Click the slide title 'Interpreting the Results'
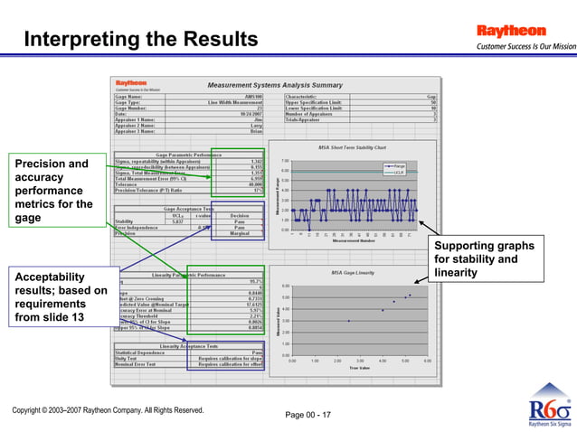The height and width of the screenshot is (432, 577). point(140,40)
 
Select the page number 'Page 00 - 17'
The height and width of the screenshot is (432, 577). point(307,415)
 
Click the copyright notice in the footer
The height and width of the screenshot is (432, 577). point(108,411)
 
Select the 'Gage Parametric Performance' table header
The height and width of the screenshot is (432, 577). point(189,155)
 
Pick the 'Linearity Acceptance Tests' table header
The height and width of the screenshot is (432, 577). point(189,345)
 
